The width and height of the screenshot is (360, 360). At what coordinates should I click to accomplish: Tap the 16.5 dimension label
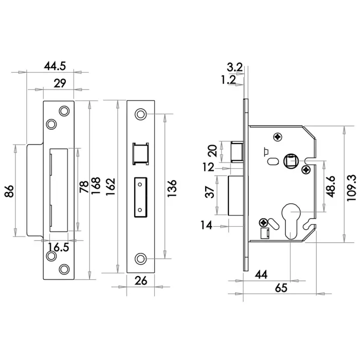(x=58, y=247)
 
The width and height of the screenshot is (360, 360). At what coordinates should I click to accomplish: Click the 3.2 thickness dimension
(x=234, y=66)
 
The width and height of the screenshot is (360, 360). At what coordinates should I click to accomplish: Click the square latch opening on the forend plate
(x=140, y=153)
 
